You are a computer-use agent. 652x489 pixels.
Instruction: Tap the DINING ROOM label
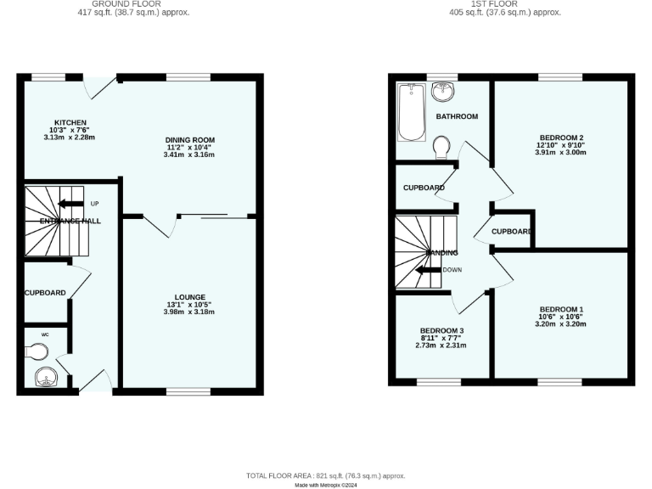tap(189, 140)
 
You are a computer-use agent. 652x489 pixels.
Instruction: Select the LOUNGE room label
tap(189, 297)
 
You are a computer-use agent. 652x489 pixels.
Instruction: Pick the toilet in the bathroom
tap(441, 149)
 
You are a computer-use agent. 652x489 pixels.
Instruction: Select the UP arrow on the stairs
tap(72, 204)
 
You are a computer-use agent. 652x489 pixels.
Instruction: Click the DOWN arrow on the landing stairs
tap(430, 270)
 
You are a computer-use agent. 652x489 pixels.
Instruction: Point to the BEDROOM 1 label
tap(561, 309)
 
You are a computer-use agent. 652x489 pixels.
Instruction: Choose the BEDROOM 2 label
tap(561, 138)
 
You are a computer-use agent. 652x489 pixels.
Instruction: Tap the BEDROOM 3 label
tap(441, 330)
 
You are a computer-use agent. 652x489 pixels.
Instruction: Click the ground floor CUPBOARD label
tap(45, 293)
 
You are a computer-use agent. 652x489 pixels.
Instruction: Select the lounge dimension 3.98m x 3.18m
tap(189, 312)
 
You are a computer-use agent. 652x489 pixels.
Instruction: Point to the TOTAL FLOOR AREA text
tap(326, 476)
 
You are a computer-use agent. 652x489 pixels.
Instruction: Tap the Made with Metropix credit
tap(326, 485)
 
